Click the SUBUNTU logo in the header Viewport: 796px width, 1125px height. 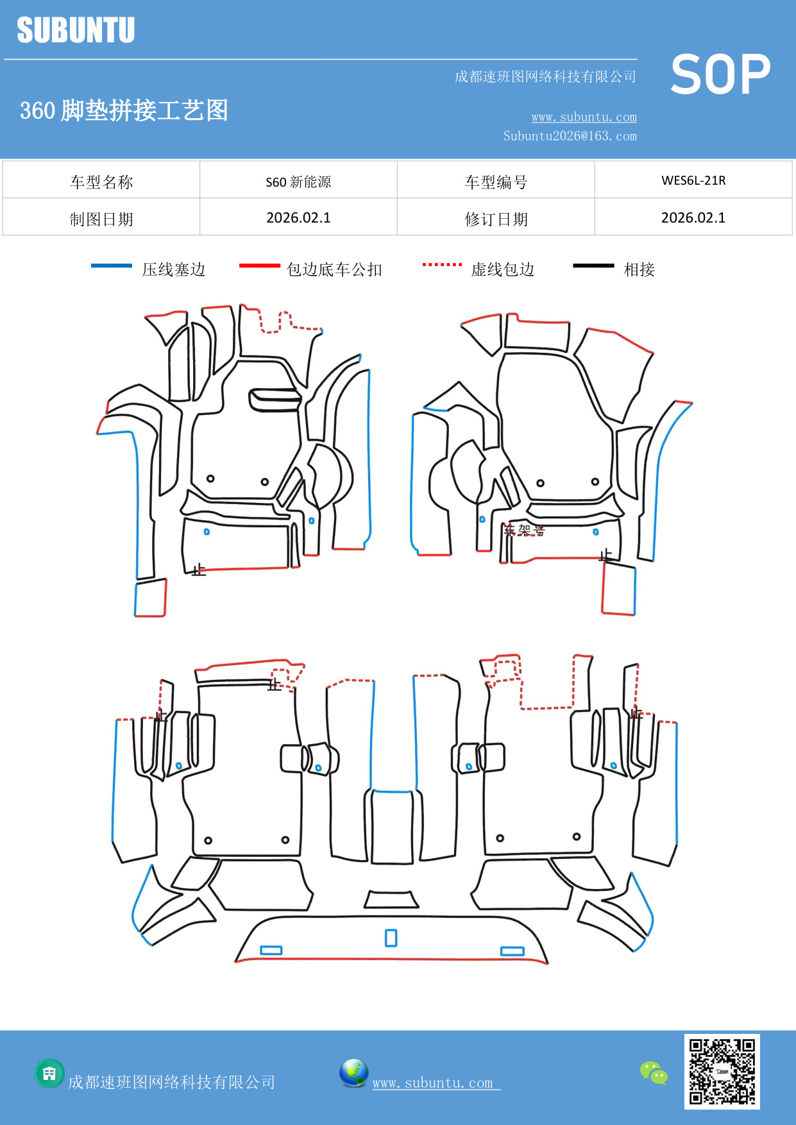click(x=76, y=30)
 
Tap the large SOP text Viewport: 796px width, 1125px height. click(x=720, y=74)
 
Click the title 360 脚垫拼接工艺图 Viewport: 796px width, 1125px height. click(x=124, y=110)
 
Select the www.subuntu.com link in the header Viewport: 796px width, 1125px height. click(x=584, y=117)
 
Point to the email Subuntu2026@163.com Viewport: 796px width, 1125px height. click(x=570, y=136)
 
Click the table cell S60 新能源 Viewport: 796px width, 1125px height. click(x=298, y=182)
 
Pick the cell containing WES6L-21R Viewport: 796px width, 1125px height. click(x=693, y=180)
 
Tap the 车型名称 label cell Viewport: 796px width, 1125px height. click(x=101, y=182)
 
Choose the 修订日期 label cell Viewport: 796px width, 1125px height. click(x=496, y=219)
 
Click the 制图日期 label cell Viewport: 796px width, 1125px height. click(x=101, y=219)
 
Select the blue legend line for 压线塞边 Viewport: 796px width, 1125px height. click(x=112, y=266)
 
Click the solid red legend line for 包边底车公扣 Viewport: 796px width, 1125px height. click(x=259, y=266)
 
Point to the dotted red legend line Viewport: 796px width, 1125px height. click(x=442, y=264)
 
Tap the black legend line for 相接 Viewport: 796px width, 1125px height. click(x=593, y=266)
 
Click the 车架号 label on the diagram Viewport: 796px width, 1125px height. click(x=524, y=530)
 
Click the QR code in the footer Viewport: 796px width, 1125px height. click(x=722, y=1071)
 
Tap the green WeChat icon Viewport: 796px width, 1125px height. click(x=654, y=1072)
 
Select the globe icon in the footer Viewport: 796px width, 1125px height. click(x=353, y=1073)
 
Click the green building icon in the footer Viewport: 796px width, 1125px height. click(x=49, y=1073)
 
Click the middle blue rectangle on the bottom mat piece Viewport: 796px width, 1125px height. click(x=391, y=938)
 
